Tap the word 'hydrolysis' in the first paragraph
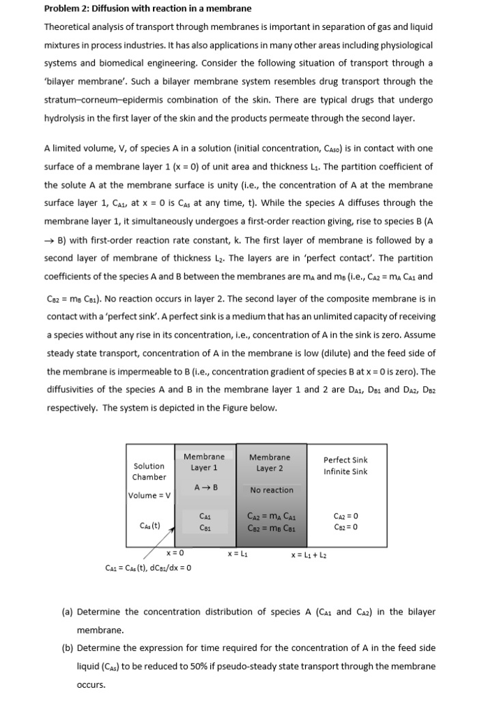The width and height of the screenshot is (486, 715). click(x=68, y=117)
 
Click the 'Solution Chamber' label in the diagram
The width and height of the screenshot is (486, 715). click(x=149, y=471)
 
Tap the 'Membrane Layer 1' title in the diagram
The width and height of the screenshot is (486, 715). click(x=205, y=462)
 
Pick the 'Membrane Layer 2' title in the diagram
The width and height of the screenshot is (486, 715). click(x=270, y=462)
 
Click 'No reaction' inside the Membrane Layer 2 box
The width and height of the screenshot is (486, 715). click(x=271, y=490)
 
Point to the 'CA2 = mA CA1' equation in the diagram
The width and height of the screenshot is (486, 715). click(x=270, y=516)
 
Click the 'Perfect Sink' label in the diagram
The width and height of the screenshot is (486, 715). click(x=345, y=460)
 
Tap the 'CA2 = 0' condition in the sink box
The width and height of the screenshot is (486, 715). click(x=346, y=516)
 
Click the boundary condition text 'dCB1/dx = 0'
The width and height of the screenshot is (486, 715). click(x=168, y=567)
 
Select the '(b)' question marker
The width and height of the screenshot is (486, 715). click(x=68, y=648)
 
